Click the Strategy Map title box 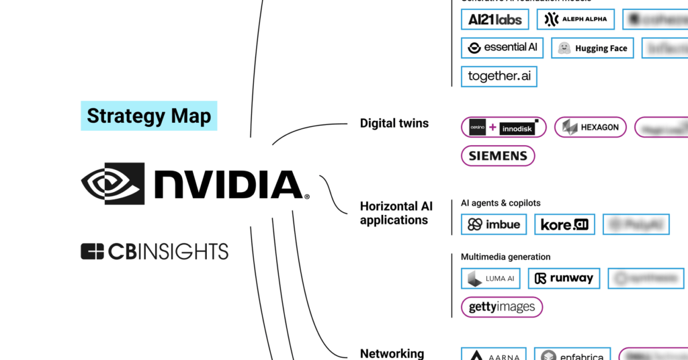(x=148, y=116)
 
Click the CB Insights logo (x=155, y=252)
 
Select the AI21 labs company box (x=495, y=19)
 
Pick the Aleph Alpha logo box (x=576, y=19)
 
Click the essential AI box (x=502, y=48)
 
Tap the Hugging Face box (x=593, y=48)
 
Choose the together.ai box (x=499, y=77)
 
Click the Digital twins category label (x=394, y=123)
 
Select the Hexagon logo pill (x=591, y=127)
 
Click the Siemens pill (x=498, y=156)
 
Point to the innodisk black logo (x=518, y=128)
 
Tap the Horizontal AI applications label (x=394, y=213)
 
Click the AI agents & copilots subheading (x=501, y=203)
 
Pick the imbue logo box (x=494, y=224)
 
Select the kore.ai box (x=564, y=224)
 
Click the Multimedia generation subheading (x=505, y=257)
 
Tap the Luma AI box (x=490, y=278)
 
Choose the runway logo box (x=564, y=278)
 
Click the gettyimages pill (x=501, y=307)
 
